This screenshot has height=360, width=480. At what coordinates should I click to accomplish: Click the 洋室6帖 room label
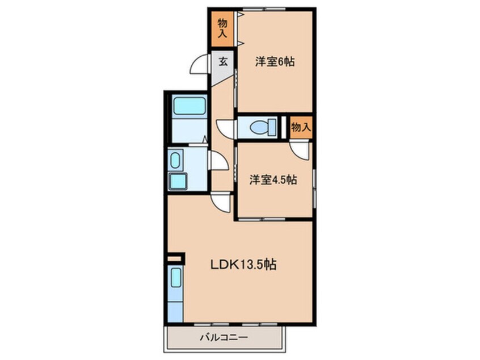pyautogui.click(x=275, y=62)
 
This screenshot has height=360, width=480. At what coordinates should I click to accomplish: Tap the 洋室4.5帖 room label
pyautogui.click(x=273, y=180)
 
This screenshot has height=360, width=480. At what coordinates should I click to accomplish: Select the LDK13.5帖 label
pyautogui.click(x=243, y=265)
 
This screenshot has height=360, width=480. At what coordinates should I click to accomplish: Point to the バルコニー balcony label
pyautogui.click(x=224, y=338)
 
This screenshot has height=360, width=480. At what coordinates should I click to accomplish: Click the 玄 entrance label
pyautogui.click(x=223, y=62)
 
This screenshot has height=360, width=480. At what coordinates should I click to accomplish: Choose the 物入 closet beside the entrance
pyautogui.click(x=222, y=28)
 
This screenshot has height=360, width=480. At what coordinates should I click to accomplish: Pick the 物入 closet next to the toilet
pyautogui.click(x=301, y=127)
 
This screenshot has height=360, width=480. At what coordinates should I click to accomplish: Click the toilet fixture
pyautogui.click(x=263, y=127)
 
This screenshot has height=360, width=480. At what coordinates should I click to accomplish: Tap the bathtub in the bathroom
pyautogui.click(x=190, y=106)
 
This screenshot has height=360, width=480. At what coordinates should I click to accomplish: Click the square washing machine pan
pyautogui.click(x=178, y=181)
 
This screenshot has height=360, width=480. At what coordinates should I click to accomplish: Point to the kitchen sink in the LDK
pyautogui.click(x=176, y=278)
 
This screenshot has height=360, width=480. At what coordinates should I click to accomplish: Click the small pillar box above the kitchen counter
pyautogui.click(x=176, y=258)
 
